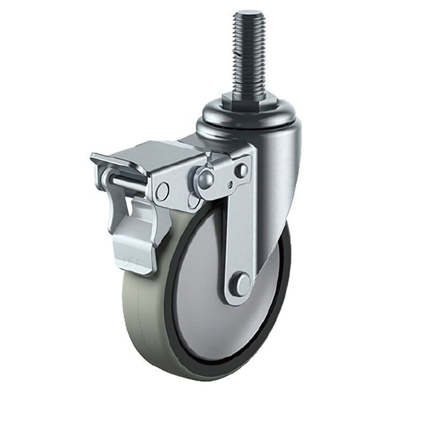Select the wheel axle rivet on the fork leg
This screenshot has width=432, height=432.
(x=242, y=281)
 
